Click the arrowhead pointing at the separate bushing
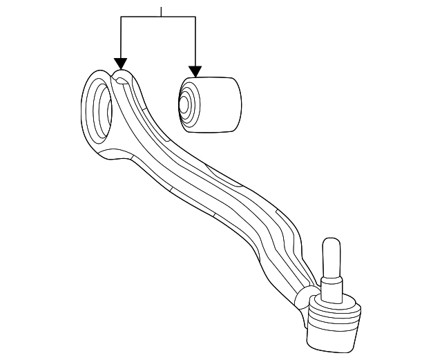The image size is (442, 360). coord(195,70)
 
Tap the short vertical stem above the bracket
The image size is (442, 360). coord(160,12)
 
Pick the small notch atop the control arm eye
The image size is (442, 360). coord(121,81)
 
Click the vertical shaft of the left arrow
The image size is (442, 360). coord(121,38)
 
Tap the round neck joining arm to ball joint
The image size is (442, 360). coord(304,298)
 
